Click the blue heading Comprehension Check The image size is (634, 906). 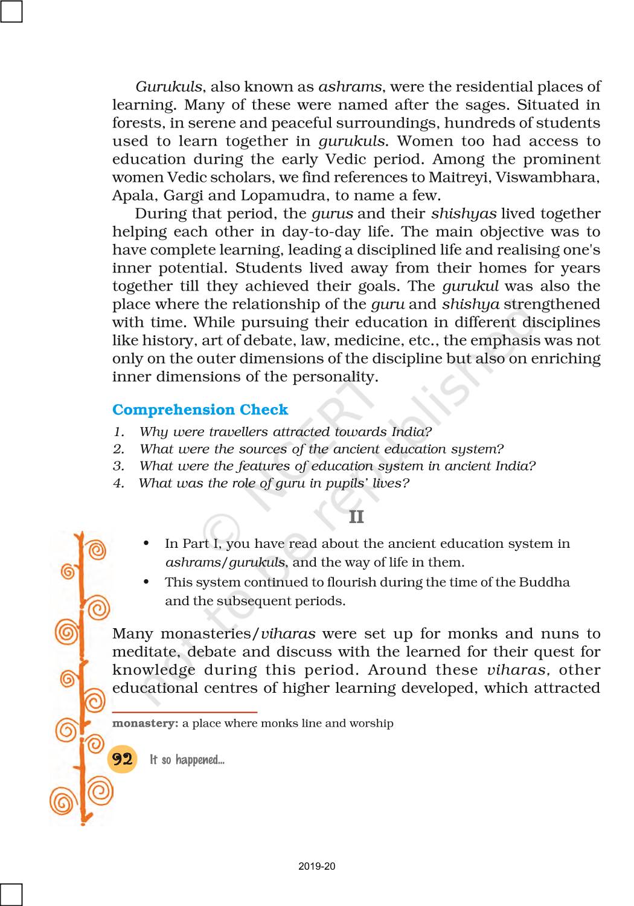pyautogui.click(x=200, y=410)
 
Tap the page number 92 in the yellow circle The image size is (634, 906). pyautogui.click(x=122, y=759)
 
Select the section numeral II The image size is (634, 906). pyautogui.click(x=356, y=517)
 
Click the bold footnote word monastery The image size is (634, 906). pyautogui.click(x=145, y=723)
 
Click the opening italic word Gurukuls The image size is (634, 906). pyautogui.click(x=168, y=87)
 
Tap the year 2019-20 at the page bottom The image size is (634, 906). pyautogui.click(x=317, y=866)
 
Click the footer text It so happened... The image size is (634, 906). pyautogui.click(x=187, y=760)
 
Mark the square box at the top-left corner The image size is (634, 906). pyautogui.click(x=11, y=11)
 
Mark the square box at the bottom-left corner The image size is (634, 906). pyautogui.click(x=11, y=895)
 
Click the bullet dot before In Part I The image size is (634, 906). pyautogui.click(x=147, y=544)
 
